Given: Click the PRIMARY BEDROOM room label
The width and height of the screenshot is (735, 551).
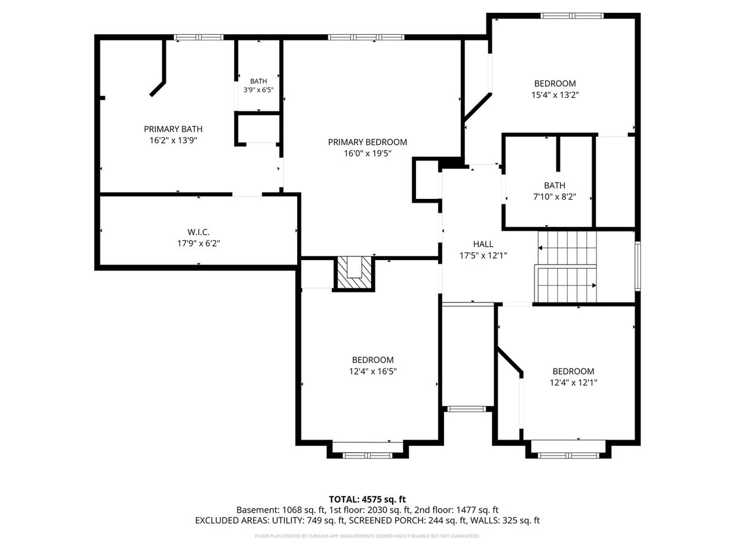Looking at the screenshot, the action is click(x=367, y=142).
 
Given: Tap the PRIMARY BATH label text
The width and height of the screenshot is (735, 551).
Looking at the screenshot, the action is click(x=173, y=129).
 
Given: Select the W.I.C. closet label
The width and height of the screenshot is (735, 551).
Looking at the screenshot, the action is click(x=198, y=232).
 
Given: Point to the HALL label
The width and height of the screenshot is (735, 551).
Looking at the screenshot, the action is click(x=483, y=244).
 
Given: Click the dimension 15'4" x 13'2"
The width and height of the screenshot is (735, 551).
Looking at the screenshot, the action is click(x=555, y=95).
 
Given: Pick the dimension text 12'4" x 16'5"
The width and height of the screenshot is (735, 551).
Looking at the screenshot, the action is click(x=372, y=371).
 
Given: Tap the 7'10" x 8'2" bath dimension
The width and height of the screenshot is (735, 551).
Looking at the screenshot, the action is click(x=554, y=197).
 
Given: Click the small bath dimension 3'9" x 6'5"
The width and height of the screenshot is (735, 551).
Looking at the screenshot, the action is click(x=258, y=89).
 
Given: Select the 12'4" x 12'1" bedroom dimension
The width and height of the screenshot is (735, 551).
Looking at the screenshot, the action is click(x=573, y=383).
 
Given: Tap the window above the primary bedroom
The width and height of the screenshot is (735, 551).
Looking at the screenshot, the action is click(x=366, y=37).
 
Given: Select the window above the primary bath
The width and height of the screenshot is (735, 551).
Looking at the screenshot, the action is click(x=198, y=37).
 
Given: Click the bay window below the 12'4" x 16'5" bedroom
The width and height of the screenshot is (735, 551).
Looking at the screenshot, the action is click(x=367, y=455).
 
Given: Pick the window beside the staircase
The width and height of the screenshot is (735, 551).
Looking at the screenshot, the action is click(x=638, y=266).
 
